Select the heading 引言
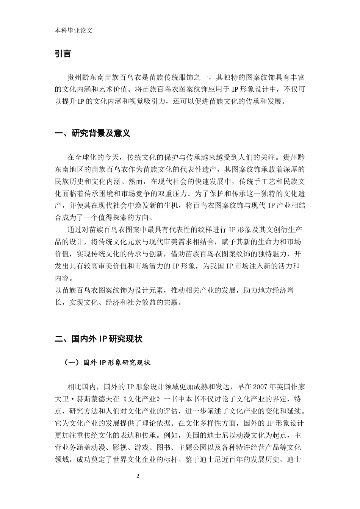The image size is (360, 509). coord(63,54)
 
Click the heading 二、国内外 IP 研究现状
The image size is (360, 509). coord(98,339)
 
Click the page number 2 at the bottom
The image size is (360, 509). coord(138,476)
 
